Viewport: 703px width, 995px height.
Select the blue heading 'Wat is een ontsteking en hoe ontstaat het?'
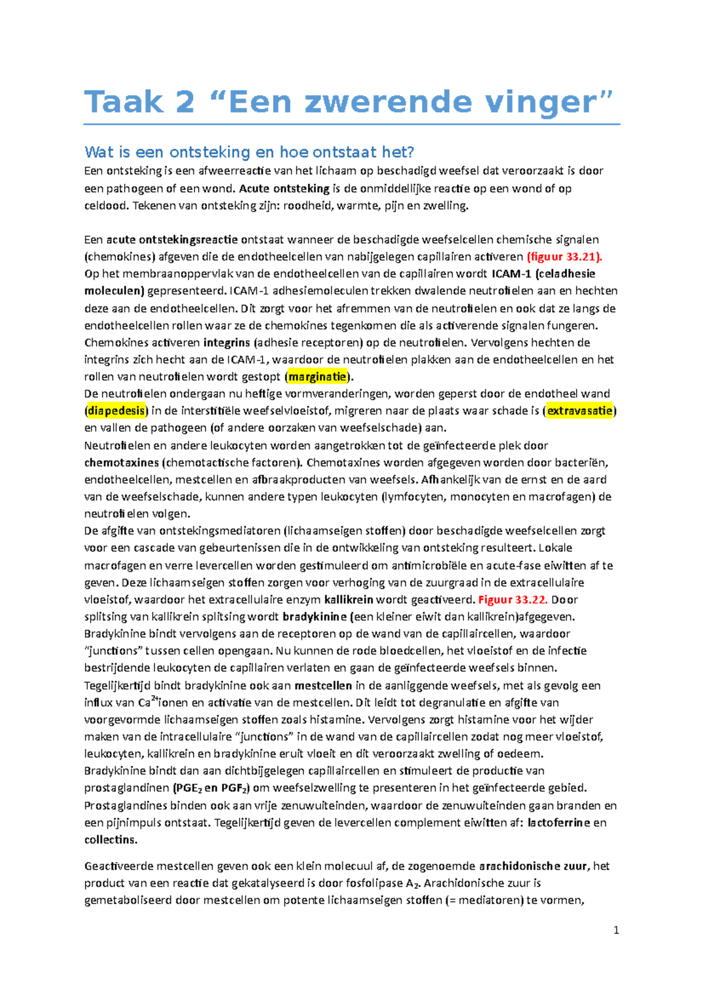tap(249, 152)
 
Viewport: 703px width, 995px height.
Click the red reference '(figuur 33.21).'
tap(565, 257)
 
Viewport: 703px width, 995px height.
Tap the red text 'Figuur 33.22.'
tap(513, 599)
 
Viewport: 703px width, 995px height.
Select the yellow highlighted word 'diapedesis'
tap(116, 411)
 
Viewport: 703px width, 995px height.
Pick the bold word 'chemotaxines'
tap(121, 462)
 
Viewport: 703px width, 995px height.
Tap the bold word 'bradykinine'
tap(315, 616)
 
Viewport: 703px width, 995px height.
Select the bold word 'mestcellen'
tap(323, 686)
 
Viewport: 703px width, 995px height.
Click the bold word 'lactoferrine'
tap(559, 822)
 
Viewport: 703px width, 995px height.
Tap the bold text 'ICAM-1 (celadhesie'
tap(543, 274)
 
